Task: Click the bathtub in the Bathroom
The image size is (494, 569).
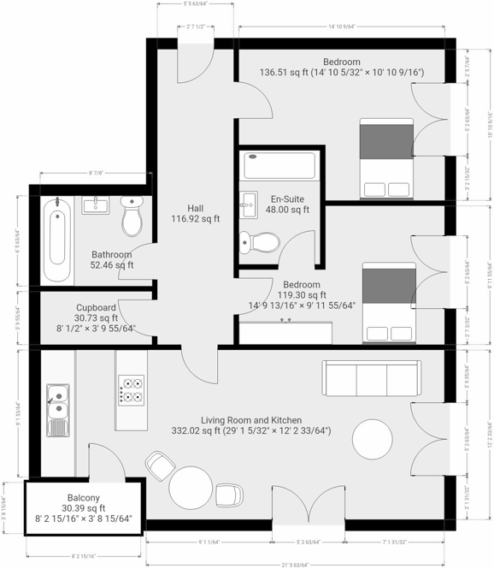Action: pos(56,240)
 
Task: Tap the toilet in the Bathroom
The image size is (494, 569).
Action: pos(132,217)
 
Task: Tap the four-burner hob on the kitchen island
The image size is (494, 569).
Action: pos(132,390)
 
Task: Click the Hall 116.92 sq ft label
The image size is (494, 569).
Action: pos(196,213)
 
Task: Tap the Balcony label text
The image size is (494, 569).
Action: pos(84,498)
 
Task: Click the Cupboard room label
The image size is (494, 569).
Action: pos(96,307)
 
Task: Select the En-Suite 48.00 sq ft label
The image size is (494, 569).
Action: pos(289,204)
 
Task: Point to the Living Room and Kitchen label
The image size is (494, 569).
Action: pos(251,420)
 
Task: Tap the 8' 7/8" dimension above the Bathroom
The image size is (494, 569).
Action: pos(96,173)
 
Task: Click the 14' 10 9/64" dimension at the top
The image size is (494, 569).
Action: pos(342,27)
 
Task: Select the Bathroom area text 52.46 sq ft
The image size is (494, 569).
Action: pos(112,265)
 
